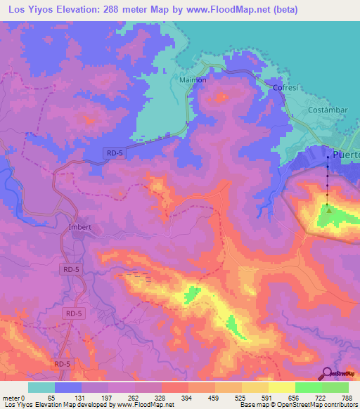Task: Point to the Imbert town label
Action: tap(82, 228)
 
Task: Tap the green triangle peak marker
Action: tap(328, 208)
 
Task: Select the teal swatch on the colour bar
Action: tap(41, 388)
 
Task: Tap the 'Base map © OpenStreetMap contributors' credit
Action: tap(298, 405)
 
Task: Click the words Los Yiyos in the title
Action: tap(28, 10)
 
